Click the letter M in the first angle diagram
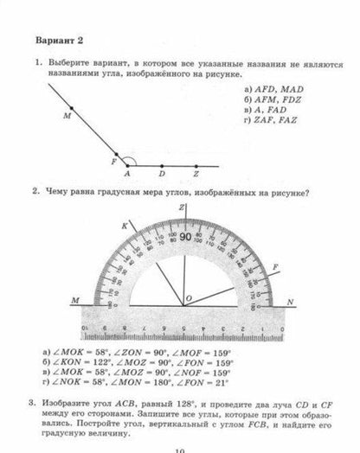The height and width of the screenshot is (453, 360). [x=66, y=115]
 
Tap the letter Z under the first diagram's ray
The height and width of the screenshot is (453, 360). [x=196, y=174]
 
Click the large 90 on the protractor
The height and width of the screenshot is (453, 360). [x=185, y=237]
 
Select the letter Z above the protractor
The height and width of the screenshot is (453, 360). [x=183, y=208]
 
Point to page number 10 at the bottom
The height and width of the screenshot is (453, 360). [x=179, y=449]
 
